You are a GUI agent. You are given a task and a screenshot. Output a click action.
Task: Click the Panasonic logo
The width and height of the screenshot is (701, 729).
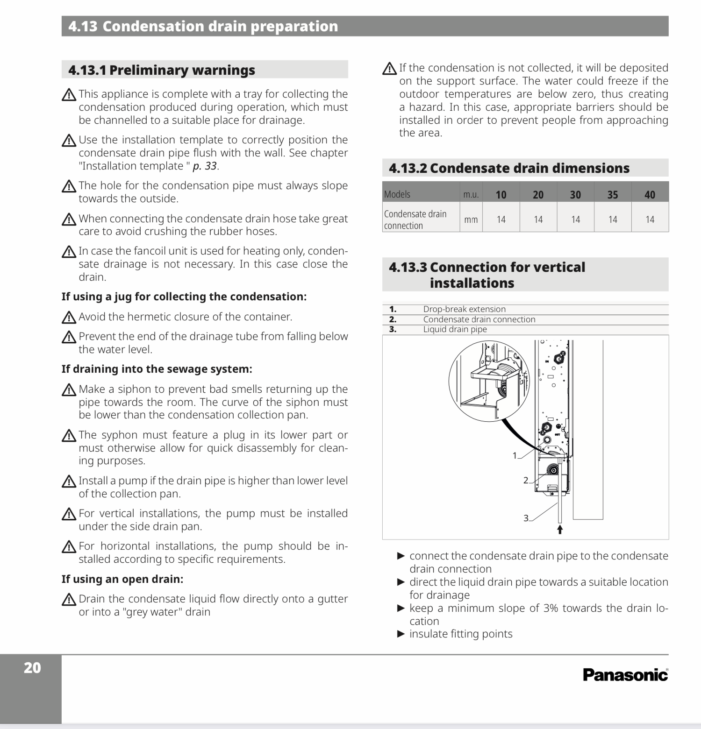pos(625,675)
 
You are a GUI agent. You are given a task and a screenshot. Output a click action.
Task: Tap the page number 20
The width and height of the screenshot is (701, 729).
pos(32,668)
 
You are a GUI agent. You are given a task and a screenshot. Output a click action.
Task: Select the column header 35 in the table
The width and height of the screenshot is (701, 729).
pos(612,194)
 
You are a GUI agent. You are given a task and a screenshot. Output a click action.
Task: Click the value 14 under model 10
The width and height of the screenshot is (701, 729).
pos(501,219)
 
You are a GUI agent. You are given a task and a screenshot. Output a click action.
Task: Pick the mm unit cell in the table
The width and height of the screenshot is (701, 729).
pos(471,219)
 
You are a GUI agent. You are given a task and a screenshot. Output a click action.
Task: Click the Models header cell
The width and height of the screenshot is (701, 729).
pos(397,194)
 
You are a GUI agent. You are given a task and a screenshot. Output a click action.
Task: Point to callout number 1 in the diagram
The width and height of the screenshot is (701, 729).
pos(515,455)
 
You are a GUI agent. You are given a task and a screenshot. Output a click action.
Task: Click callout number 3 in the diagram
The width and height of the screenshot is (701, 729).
pos(526,518)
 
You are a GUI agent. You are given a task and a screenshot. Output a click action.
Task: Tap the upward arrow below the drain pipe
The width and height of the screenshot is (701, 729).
pos(560,530)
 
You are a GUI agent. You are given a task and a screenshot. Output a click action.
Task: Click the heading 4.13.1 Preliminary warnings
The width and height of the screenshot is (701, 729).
pos(162,70)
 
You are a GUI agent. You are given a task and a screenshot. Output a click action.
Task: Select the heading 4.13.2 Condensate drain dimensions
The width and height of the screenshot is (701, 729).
pos(509,168)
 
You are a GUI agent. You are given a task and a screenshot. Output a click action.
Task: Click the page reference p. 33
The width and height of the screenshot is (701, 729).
pos(205,166)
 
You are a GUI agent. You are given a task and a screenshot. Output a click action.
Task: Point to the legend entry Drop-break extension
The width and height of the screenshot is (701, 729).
pos(464,309)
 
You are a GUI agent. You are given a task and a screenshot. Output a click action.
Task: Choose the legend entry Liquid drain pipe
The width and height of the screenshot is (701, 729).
pos(455,329)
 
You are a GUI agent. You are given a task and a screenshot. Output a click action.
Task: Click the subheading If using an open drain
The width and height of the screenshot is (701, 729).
pos(122,579)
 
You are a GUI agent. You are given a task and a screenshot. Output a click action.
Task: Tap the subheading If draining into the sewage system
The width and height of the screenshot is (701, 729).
pos(157,369)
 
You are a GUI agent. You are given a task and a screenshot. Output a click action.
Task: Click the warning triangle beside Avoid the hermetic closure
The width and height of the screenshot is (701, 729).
pos(69,318)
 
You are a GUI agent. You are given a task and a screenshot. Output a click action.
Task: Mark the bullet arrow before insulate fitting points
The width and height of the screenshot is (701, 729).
pos(401,634)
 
